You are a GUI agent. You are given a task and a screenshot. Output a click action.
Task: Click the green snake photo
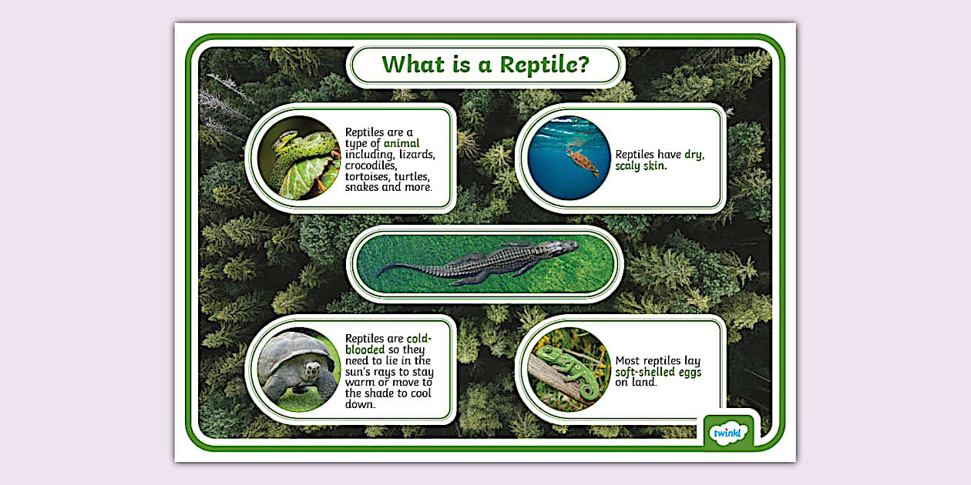pos(299,158)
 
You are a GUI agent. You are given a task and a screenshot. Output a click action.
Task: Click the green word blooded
pos(365,350)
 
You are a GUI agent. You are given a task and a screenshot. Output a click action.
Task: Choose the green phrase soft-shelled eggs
pos(658,372)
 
